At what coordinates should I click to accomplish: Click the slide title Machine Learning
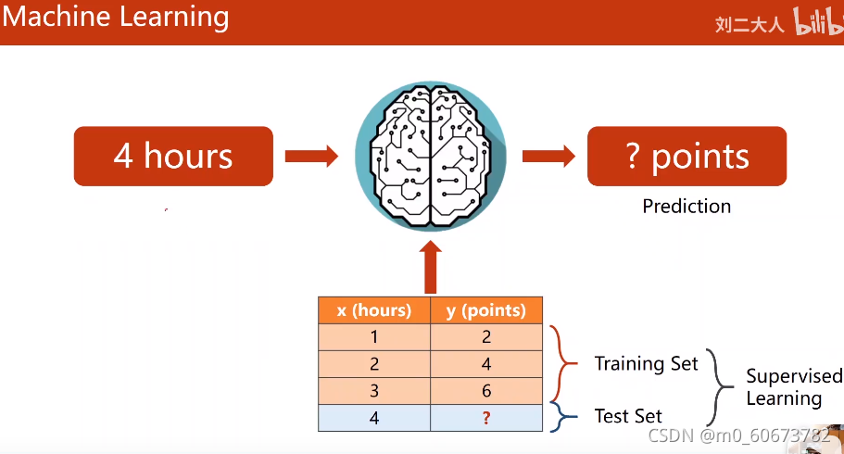point(116,17)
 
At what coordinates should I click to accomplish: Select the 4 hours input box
point(173,156)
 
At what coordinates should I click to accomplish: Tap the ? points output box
point(687,156)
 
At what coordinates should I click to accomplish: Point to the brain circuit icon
point(431,155)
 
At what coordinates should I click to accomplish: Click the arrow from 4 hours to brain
point(311,156)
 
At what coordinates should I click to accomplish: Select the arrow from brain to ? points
point(549,156)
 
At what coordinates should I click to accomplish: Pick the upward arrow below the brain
point(431,268)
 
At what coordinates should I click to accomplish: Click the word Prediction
point(687,206)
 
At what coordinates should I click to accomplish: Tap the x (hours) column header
point(374,310)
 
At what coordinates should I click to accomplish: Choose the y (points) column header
point(485,310)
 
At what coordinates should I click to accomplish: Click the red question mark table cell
point(485,418)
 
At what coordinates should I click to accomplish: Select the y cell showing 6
point(485,391)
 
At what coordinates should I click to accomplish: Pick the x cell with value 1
point(374,337)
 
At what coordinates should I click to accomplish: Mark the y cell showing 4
point(485,364)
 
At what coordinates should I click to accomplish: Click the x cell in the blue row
point(374,418)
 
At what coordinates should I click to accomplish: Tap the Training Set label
point(646,363)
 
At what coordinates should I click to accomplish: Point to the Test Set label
point(628,416)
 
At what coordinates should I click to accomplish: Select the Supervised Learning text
point(794,387)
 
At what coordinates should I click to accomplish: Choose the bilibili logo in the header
point(815,24)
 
